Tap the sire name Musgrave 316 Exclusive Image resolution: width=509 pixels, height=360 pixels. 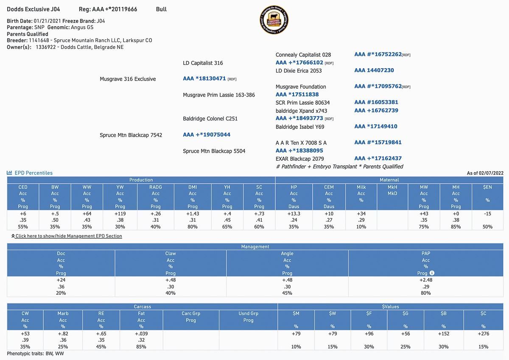[x=128, y=79]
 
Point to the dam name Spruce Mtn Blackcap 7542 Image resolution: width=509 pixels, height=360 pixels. [x=131, y=135]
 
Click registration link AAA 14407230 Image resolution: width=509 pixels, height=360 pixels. [x=374, y=70]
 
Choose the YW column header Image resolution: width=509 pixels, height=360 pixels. [x=120, y=187]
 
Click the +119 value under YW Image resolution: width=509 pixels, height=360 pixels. [x=120, y=214]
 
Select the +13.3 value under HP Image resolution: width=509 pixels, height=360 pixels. [x=294, y=214]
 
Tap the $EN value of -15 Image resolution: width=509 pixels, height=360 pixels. [x=487, y=214]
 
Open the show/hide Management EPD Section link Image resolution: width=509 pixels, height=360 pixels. [x=68, y=236]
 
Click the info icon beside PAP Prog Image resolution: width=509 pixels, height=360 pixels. [x=432, y=273]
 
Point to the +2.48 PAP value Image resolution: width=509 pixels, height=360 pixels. [x=425, y=280]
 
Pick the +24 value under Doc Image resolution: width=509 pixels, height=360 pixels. [x=61, y=280]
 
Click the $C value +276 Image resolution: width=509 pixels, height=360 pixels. [x=483, y=334]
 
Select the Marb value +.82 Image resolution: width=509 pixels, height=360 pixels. [x=63, y=334]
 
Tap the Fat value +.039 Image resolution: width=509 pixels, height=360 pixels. [x=141, y=334]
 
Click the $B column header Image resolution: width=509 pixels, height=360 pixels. [x=443, y=313]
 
